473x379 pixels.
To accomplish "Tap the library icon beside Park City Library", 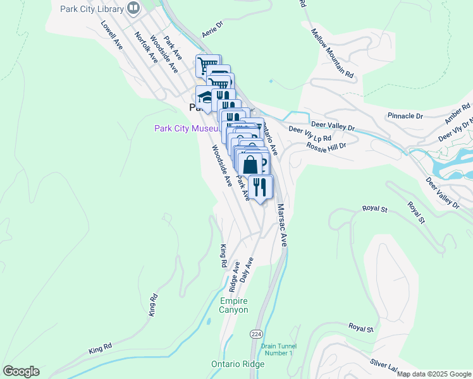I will click(x=133, y=8).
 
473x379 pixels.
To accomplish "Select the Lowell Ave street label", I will click(x=111, y=35).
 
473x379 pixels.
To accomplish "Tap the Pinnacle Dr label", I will click(x=405, y=116).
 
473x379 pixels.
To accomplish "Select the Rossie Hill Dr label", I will click(x=327, y=145).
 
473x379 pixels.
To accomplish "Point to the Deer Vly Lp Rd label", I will click(x=310, y=133).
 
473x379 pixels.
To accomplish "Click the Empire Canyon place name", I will click(x=234, y=305).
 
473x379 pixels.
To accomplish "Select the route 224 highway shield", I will click(x=255, y=334).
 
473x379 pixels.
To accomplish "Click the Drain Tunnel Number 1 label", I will click(x=277, y=349).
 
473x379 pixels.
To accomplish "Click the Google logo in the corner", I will click(x=21, y=371).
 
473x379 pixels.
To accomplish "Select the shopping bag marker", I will click(x=250, y=164).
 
